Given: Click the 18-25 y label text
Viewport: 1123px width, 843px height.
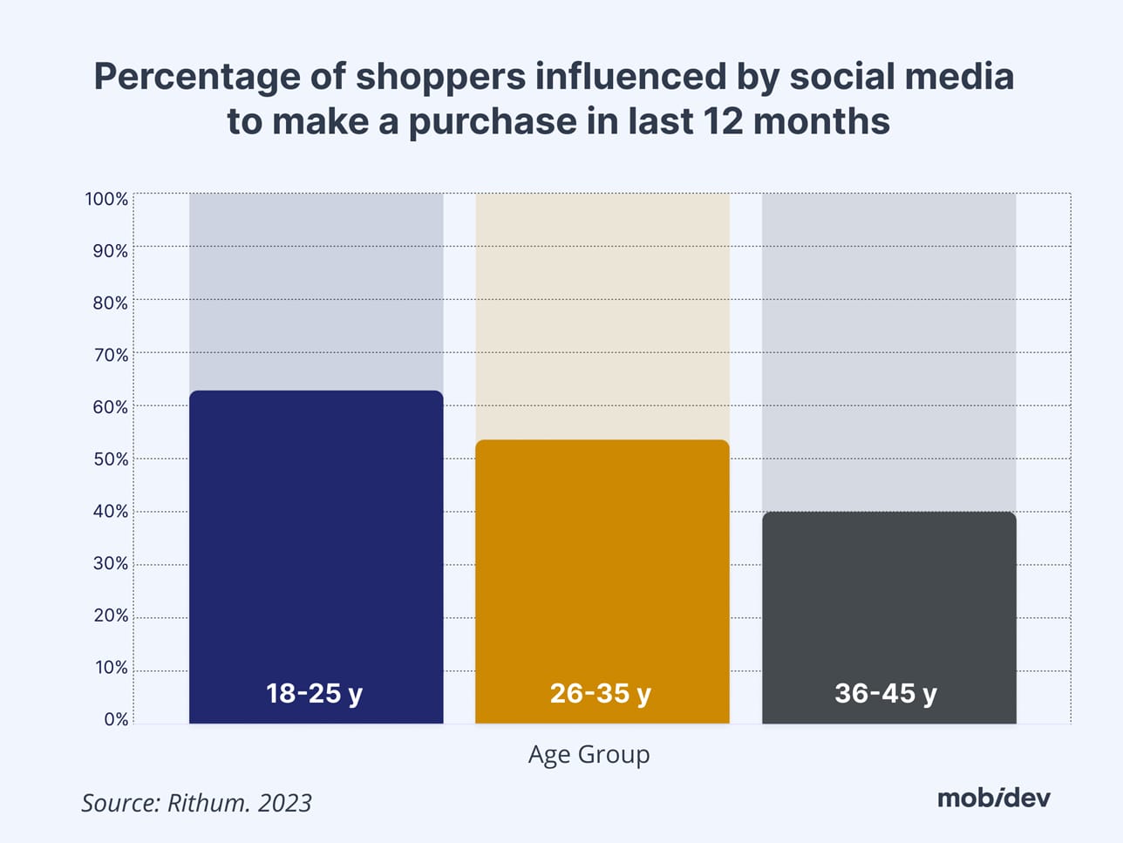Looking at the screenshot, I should tap(314, 693).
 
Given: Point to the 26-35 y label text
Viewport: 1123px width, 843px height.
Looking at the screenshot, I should tap(601, 693).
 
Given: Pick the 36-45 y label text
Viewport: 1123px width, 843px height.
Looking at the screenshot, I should tap(886, 693).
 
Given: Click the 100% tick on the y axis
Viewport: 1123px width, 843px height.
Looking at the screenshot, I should tap(106, 199).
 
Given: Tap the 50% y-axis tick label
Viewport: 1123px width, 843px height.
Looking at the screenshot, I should tap(111, 459).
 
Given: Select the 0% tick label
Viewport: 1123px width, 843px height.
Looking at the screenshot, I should tap(116, 719).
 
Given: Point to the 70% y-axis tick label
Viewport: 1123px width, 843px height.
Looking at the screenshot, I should tap(111, 355).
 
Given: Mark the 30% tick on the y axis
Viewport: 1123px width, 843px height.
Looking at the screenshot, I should tap(111, 563).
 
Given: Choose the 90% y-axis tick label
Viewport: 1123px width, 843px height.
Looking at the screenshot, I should tap(111, 251).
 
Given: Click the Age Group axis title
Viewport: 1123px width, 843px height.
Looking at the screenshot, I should tap(589, 754).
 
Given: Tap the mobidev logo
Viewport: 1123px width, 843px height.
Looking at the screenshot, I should tap(994, 797).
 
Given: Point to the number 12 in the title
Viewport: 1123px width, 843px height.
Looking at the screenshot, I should tap(720, 120).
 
